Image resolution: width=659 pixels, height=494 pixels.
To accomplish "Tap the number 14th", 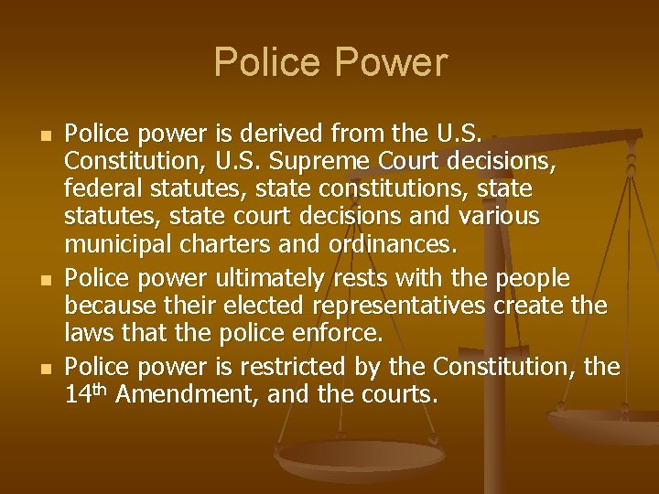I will pyautogui.click(x=85, y=395).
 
